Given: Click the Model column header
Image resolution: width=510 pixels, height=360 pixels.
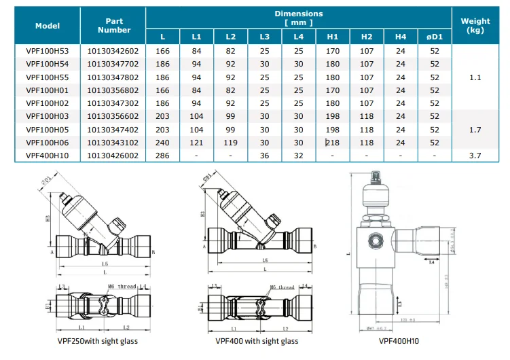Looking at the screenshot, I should tap(48, 26).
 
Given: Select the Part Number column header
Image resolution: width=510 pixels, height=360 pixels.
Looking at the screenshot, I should tap(113, 26).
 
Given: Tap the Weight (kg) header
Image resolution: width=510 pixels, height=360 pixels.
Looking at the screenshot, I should tap(475, 26).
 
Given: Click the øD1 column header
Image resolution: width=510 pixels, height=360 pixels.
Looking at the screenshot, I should tap(435, 35).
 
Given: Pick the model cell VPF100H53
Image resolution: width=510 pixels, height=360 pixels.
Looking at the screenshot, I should tap(48, 51).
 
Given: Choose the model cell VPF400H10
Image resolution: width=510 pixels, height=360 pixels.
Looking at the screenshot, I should tap(48, 155).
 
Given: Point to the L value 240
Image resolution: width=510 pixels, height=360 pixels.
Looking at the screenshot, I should tap(162, 142).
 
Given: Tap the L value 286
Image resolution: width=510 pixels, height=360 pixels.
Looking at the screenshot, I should tap(162, 155).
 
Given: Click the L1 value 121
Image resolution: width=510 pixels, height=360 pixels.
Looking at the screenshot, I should tap(196, 142).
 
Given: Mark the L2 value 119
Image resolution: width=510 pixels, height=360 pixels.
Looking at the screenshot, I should tap(230, 142).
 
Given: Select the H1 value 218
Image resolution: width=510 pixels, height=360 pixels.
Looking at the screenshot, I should tap(333, 142).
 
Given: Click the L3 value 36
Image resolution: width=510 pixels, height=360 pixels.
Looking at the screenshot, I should tap(264, 155).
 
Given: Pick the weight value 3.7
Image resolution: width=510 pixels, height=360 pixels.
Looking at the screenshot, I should tap(475, 155).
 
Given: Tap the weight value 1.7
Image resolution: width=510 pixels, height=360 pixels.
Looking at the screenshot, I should tap(475, 129).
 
